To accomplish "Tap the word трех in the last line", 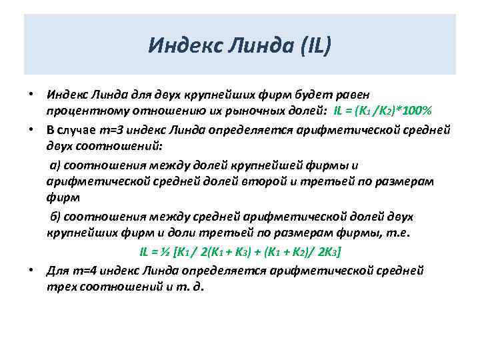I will tap(61, 287).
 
